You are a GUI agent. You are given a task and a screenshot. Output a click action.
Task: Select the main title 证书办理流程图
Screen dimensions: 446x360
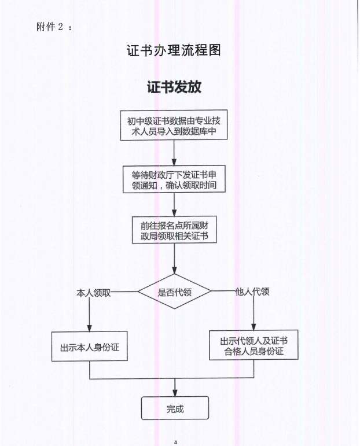174,50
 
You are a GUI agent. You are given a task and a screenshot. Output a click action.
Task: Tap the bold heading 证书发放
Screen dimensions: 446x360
174,87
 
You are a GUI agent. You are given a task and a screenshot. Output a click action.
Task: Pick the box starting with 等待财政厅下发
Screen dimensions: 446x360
174,180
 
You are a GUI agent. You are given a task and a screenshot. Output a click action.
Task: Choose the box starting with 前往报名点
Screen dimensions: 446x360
174,230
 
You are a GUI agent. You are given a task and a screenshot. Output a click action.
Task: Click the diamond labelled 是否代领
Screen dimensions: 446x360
174,292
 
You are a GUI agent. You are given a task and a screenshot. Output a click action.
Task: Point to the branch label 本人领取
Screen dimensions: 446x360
94,293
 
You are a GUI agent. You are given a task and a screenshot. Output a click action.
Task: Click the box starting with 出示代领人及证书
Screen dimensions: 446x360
254,345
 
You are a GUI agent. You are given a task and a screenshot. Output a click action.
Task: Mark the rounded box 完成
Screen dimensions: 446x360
174,408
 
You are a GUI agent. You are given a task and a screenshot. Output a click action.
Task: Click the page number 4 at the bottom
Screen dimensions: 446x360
174,443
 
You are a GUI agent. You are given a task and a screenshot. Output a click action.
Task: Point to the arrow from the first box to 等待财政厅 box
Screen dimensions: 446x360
174,153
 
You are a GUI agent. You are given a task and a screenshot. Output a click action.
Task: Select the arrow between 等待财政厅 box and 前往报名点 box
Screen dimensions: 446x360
174,204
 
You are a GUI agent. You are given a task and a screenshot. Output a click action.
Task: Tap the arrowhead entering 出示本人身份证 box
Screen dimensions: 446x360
89,328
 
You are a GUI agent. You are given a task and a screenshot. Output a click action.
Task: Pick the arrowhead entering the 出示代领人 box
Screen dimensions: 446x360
254,326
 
